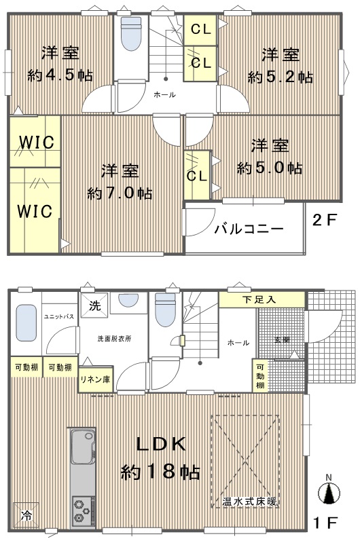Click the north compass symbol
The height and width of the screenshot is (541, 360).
329,490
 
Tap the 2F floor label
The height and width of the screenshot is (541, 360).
325,220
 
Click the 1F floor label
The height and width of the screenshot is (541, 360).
325,523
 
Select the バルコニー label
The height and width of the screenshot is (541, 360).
249,229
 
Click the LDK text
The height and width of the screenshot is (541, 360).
161,445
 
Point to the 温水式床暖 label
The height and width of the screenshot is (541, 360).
250,502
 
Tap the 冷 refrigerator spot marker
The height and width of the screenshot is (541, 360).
26,515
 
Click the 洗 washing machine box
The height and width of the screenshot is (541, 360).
94,305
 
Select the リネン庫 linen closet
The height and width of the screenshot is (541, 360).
96,379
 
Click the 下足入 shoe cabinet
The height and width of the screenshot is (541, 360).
262,299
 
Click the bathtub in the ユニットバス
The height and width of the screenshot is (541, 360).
26,322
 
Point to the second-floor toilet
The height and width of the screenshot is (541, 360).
131,33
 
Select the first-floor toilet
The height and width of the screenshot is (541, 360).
165,310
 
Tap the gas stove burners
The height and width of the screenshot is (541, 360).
83,511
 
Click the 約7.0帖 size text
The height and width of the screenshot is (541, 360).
120,193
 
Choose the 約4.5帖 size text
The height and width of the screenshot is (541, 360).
60,75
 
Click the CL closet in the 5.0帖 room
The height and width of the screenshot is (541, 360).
197,175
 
